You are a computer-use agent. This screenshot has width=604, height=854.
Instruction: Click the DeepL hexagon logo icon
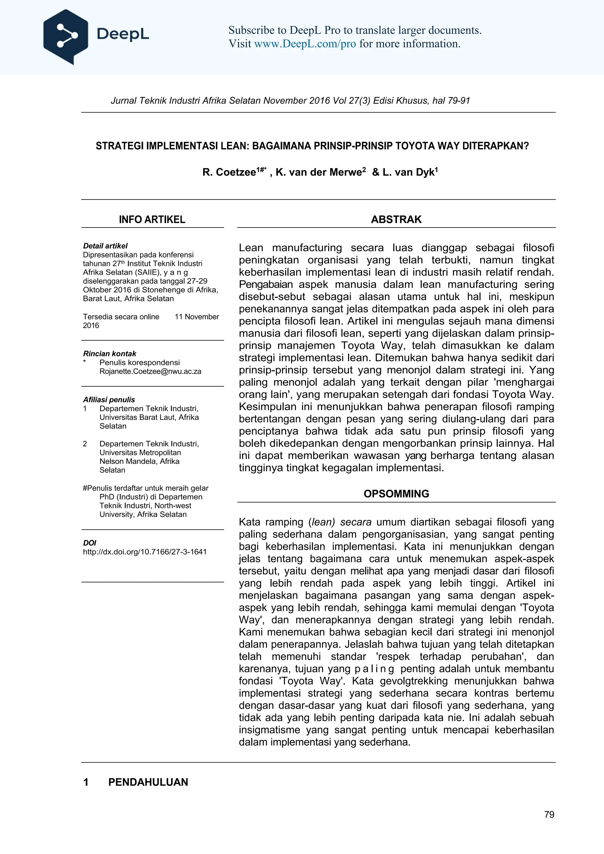click(65, 37)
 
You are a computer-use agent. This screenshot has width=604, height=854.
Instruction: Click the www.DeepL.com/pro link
click(305, 44)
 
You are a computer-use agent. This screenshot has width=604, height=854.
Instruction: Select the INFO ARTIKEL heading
click(152, 220)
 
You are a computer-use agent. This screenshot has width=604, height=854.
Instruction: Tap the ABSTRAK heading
click(396, 220)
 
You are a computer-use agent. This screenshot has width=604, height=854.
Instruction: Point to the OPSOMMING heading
click(396, 494)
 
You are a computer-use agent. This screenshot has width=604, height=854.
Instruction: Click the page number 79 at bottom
click(549, 814)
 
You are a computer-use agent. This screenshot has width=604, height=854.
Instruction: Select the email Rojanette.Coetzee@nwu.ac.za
click(150, 371)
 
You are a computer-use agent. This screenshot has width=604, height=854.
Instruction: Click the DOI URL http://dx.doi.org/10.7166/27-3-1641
click(145, 552)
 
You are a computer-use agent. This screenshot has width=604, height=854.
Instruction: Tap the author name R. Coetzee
click(229, 172)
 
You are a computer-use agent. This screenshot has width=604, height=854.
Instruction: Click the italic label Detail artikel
click(105, 246)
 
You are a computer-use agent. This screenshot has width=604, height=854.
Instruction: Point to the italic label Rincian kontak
click(110, 354)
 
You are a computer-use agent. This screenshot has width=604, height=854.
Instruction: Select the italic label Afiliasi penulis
click(109, 400)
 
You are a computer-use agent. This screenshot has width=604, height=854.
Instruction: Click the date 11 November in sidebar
click(197, 317)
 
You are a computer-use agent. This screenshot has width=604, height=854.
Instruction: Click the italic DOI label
click(90, 543)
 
